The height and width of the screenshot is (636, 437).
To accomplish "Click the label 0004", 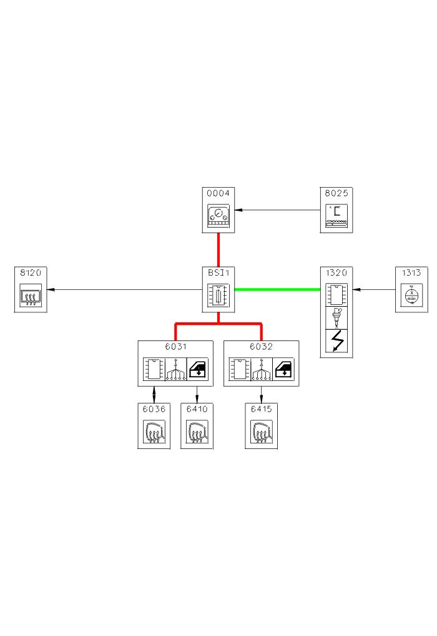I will (x=219, y=193).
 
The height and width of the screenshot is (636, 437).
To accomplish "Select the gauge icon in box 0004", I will (x=219, y=216).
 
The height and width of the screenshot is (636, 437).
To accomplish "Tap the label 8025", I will (x=336, y=193).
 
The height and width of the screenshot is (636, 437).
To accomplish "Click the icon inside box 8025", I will (x=336, y=216).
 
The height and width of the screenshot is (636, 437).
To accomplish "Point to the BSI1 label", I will (x=219, y=272).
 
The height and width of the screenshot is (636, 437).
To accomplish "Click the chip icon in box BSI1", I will (x=219, y=295).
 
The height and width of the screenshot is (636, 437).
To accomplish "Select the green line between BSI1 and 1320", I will (x=277, y=289).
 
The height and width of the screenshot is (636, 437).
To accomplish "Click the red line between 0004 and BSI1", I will (x=219, y=249).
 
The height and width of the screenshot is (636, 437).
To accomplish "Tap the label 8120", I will (x=31, y=272).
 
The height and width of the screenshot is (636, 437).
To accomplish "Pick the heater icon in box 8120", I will (x=31, y=295).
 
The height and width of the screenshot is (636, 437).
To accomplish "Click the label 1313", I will (x=411, y=272).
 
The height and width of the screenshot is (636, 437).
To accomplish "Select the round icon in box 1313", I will (x=411, y=295).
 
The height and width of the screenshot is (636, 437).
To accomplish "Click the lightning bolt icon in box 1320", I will (x=336, y=341).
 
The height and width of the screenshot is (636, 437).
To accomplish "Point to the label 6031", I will (x=175, y=347).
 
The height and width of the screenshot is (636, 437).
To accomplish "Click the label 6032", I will (x=261, y=347).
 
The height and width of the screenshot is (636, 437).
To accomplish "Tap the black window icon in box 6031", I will (x=197, y=369).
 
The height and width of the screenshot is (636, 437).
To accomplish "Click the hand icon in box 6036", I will (x=154, y=431).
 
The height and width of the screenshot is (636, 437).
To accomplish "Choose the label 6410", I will (x=197, y=409).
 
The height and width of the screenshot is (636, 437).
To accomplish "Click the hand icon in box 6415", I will (x=261, y=431).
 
